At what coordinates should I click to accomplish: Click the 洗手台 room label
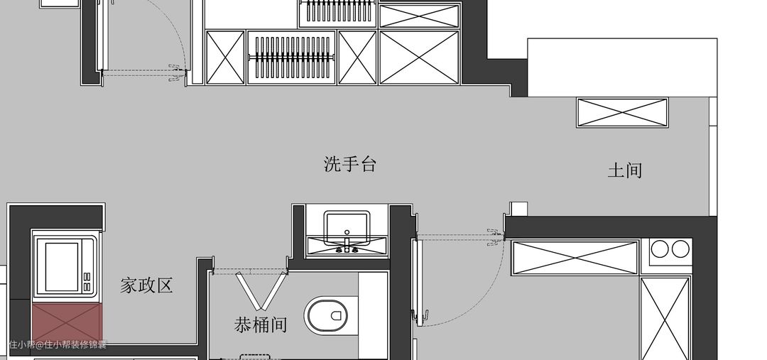coord(349,165)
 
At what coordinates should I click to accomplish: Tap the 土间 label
coord(625,170)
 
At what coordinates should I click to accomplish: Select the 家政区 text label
coord(147,286)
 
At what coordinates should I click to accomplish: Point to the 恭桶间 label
coord(261,325)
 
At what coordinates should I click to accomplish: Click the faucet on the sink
coord(347,246)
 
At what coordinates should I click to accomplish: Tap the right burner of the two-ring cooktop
coord(680,249)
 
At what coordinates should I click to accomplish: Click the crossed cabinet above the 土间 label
coord(622,113)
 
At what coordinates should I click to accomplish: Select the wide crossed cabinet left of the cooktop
coord(575,257)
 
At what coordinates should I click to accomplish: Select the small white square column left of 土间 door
coord(519,209)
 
